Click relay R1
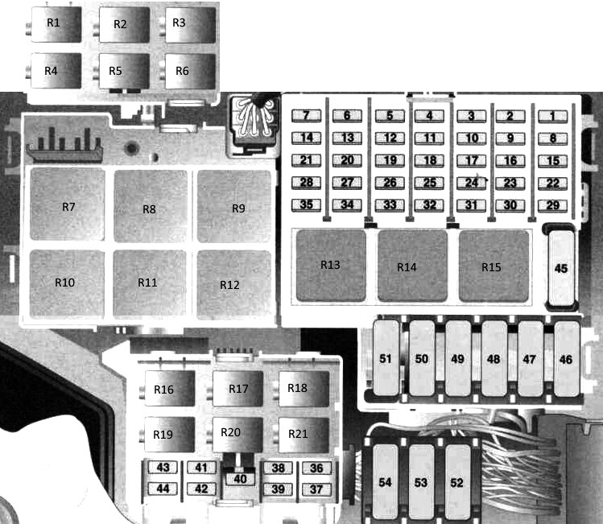click(x=56, y=24)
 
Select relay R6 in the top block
click(x=190, y=71)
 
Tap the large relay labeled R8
click(x=151, y=206)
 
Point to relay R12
click(x=233, y=283)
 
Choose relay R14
click(x=412, y=266)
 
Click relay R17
click(x=238, y=388)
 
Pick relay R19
click(x=170, y=434)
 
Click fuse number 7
click(x=307, y=116)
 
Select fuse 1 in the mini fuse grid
click(x=552, y=116)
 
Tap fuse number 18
click(x=430, y=160)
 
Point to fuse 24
click(x=472, y=183)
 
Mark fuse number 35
click(x=307, y=205)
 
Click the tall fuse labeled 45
click(x=561, y=268)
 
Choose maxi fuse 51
click(x=386, y=358)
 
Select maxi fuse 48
click(x=494, y=358)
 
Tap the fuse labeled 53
click(x=422, y=481)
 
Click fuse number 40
click(x=240, y=479)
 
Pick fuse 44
click(x=163, y=489)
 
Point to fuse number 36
click(x=316, y=468)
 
